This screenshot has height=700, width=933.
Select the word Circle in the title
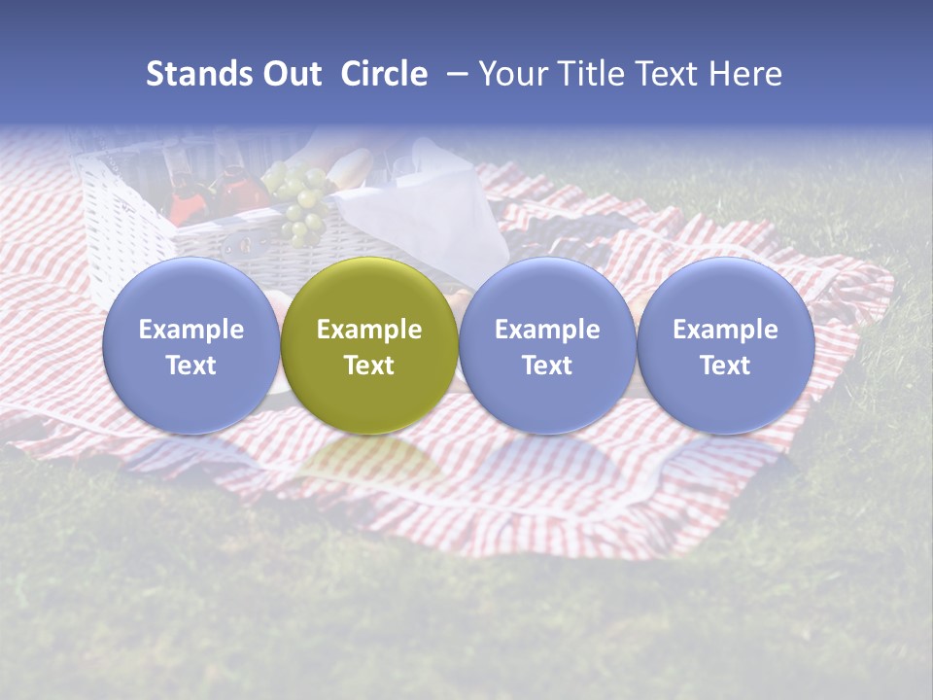pos(384,74)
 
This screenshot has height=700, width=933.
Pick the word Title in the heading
pos(592,74)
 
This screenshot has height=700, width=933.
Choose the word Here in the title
pos(745,74)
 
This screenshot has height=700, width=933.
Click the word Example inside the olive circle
pos(369,330)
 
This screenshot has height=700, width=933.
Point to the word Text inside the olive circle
pos(369,366)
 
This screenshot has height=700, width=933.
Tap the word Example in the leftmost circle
pos(191,330)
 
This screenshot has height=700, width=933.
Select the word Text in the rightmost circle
pos(725,366)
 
